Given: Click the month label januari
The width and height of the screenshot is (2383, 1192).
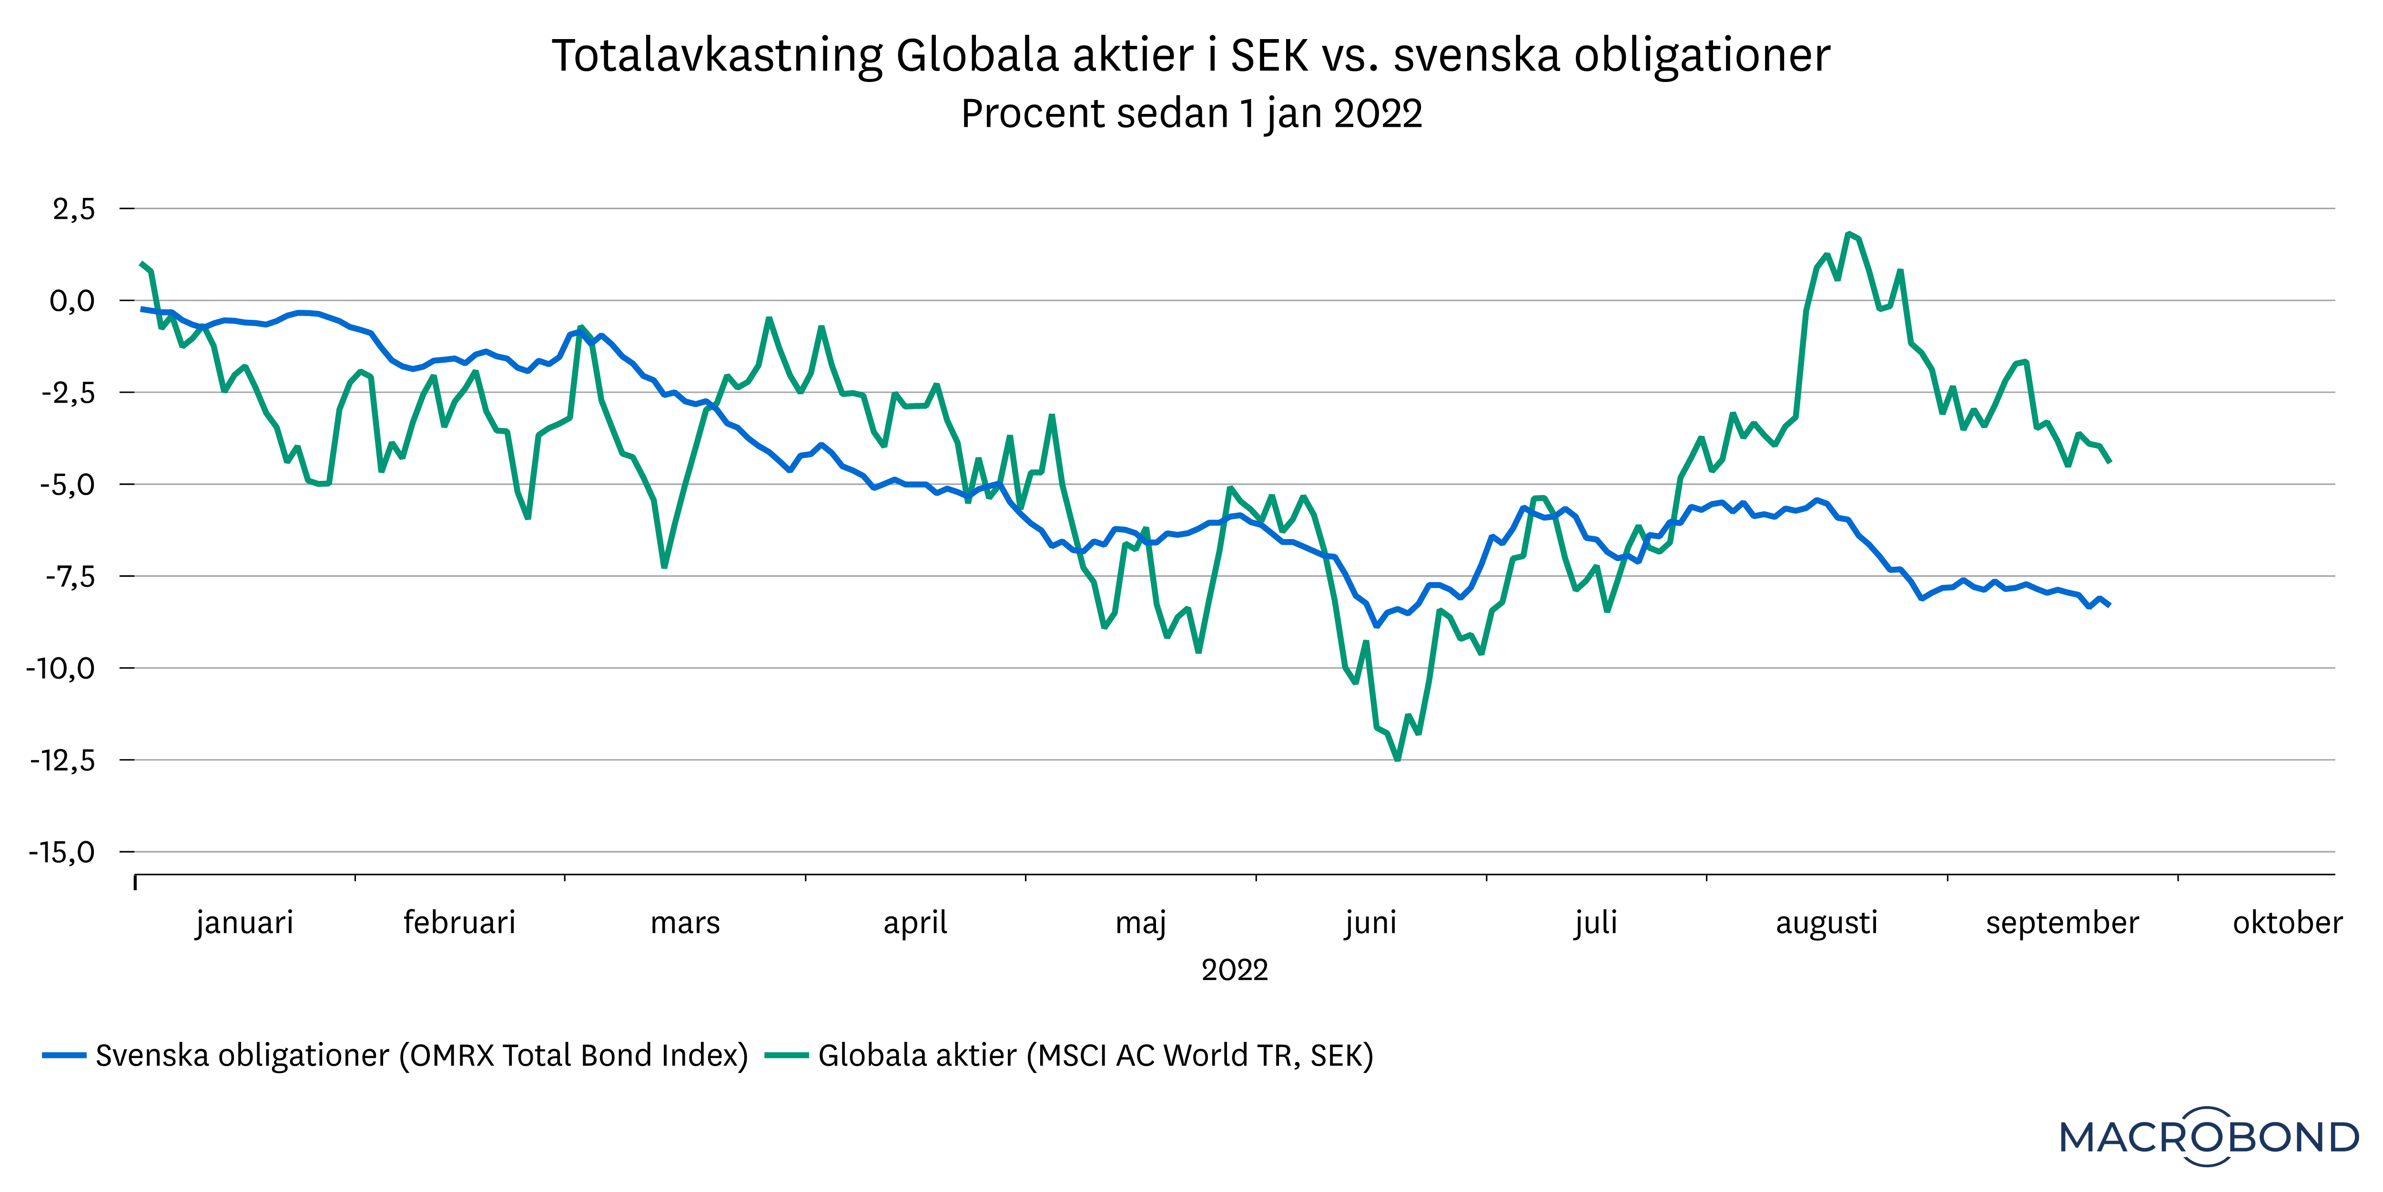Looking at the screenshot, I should [x=244, y=923].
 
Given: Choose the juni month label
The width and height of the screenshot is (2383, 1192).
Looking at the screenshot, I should [x=1370, y=923].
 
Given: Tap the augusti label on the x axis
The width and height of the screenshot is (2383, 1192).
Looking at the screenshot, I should [x=1826, y=923].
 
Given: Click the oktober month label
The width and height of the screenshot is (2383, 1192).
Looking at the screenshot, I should [x=2287, y=923].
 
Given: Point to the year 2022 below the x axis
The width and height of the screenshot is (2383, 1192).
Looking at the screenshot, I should [x=1234, y=970].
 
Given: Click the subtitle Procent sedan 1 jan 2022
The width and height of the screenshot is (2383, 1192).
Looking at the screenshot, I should [x=1191, y=114].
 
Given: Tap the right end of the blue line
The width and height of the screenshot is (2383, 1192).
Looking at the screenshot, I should [x=2109, y=604].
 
